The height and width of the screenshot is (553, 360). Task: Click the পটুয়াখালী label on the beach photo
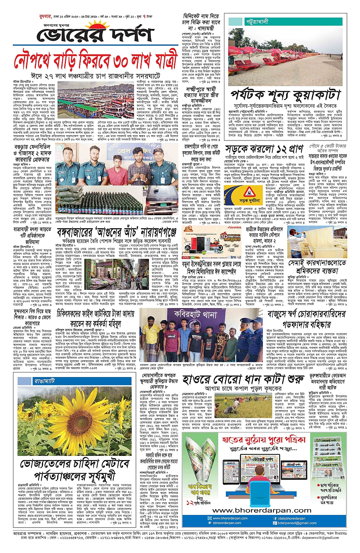point(257,22)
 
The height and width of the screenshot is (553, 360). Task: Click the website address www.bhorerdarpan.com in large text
point(262,510)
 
